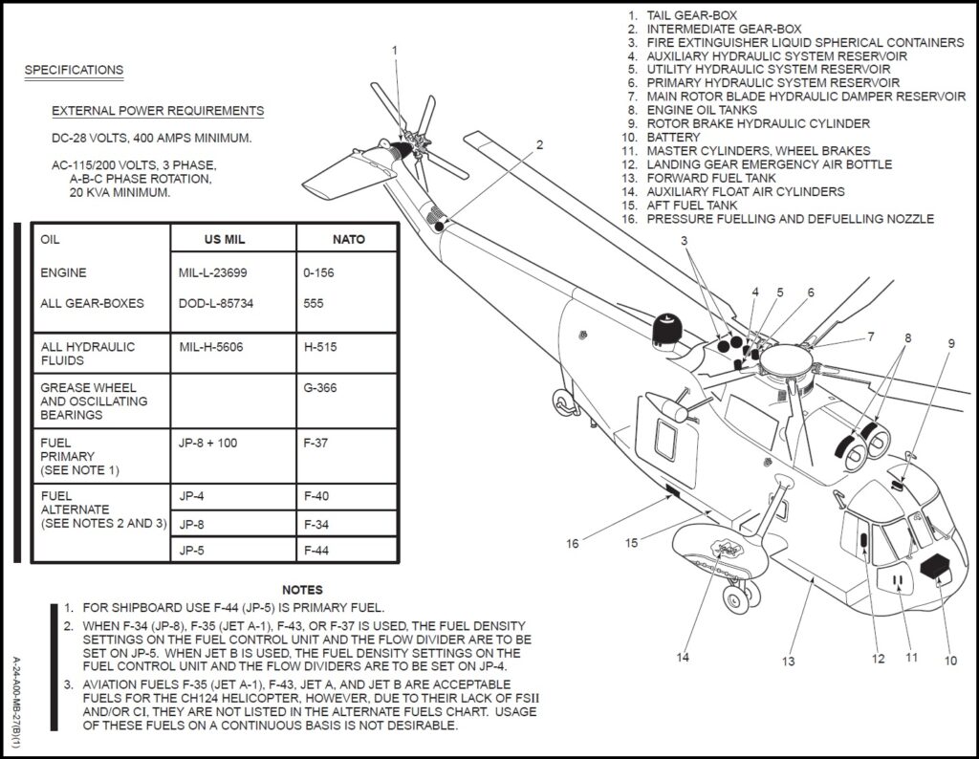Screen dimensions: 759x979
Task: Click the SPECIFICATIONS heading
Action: point(74,70)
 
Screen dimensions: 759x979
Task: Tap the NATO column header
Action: point(348,239)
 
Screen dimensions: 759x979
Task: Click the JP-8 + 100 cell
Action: point(210,444)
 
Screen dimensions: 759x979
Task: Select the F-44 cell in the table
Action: point(316,551)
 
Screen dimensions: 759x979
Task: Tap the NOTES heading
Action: point(302,590)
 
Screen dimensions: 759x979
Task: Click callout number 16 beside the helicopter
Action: point(572,544)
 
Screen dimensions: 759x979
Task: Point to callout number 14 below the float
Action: point(683,657)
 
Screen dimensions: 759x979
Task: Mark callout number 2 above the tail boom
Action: point(539,145)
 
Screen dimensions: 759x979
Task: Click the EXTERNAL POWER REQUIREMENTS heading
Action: point(158,111)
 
